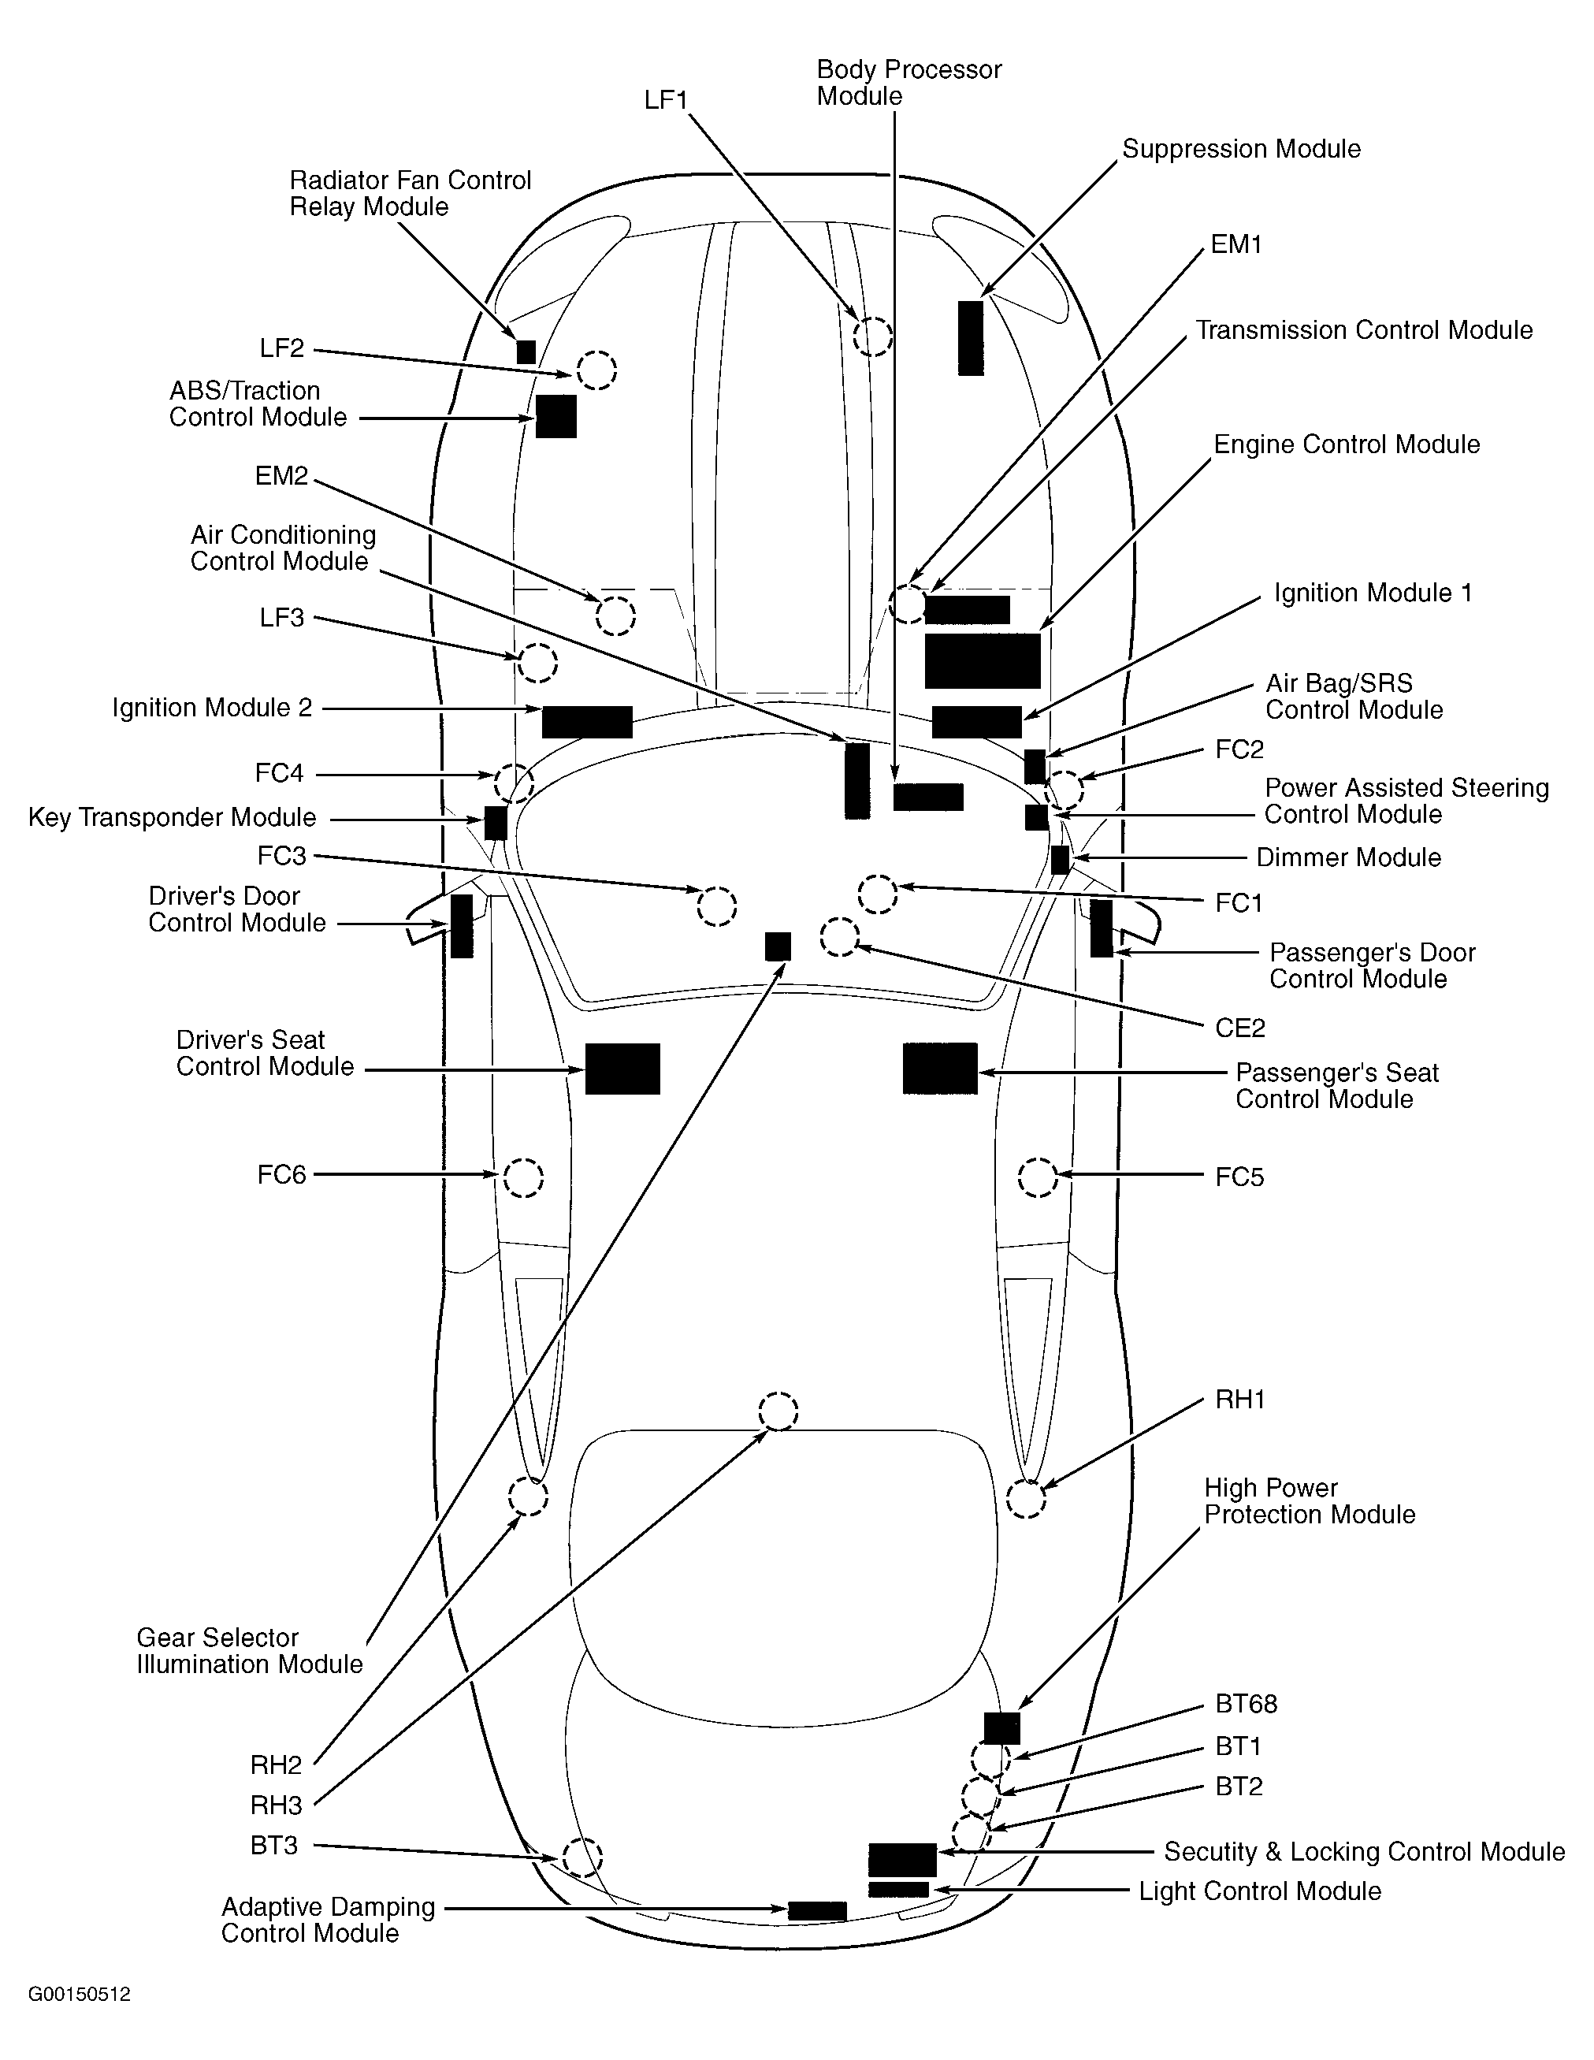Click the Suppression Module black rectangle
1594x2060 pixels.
click(x=971, y=337)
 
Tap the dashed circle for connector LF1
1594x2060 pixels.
click(x=872, y=336)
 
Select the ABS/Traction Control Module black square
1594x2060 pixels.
click(x=555, y=416)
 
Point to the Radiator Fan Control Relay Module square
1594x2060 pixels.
click(x=526, y=351)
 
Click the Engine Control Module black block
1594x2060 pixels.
click(x=982, y=660)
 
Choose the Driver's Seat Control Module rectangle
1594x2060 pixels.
click(x=622, y=1069)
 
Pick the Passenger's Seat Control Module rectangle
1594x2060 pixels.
click(x=939, y=1069)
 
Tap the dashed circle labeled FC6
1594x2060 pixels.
click(x=523, y=1177)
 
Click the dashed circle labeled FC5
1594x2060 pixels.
click(x=1038, y=1177)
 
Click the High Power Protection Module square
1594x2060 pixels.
click(x=1001, y=1728)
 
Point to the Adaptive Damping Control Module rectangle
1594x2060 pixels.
click(x=817, y=1910)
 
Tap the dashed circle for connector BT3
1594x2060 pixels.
click(x=582, y=1857)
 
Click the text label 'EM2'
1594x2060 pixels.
click(x=281, y=476)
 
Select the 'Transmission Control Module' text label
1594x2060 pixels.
click(x=1364, y=330)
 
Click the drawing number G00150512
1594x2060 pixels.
click(x=80, y=1995)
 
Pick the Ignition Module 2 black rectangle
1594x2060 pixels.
click(x=587, y=722)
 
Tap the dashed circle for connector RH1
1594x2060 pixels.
click(x=1026, y=1499)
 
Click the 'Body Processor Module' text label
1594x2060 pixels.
click(x=908, y=83)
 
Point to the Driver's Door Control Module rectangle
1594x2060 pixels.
click(x=461, y=926)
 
